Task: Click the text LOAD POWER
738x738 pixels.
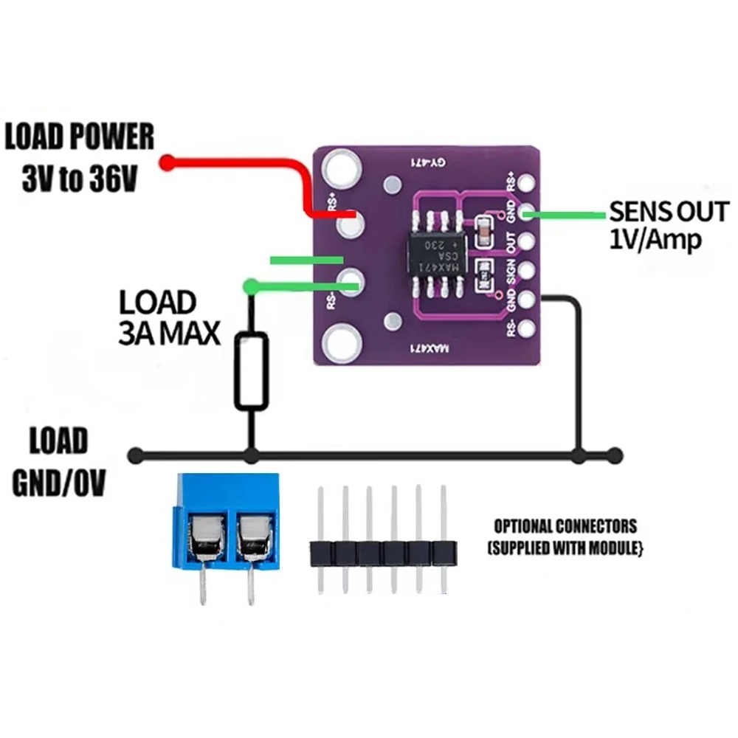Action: click(x=80, y=139)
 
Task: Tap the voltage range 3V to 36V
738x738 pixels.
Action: click(x=80, y=179)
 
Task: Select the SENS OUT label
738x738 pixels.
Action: click(x=668, y=213)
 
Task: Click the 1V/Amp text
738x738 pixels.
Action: click(x=655, y=240)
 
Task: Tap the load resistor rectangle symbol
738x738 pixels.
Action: click(x=252, y=370)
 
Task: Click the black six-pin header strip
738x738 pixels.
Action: click(x=382, y=552)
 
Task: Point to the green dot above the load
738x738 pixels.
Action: click(x=252, y=285)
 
